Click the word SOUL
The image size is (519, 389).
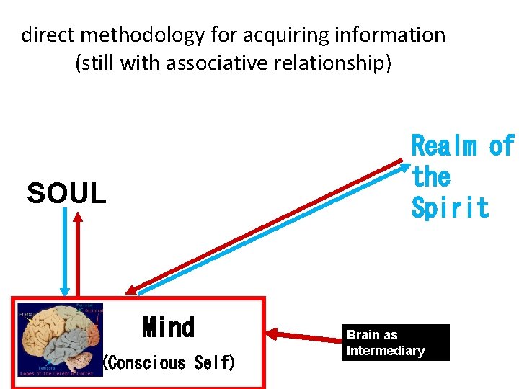pyautogui.click(x=66, y=193)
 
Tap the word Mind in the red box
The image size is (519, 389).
pyautogui.click(x=168, y=327)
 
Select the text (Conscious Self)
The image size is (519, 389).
pyautogui.click(x=169, y=362)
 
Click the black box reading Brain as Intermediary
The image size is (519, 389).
pyautogui.click(x=397, y=342)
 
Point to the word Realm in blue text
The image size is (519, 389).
pyautogui.click(x=443, y=146)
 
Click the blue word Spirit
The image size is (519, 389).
pyautogui.click(x=450, y=207)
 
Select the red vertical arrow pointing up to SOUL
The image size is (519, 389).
pyautogui.click(x=79, y=252)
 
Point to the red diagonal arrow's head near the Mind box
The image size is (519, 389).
pyautogui.click(x=130, y=288)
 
